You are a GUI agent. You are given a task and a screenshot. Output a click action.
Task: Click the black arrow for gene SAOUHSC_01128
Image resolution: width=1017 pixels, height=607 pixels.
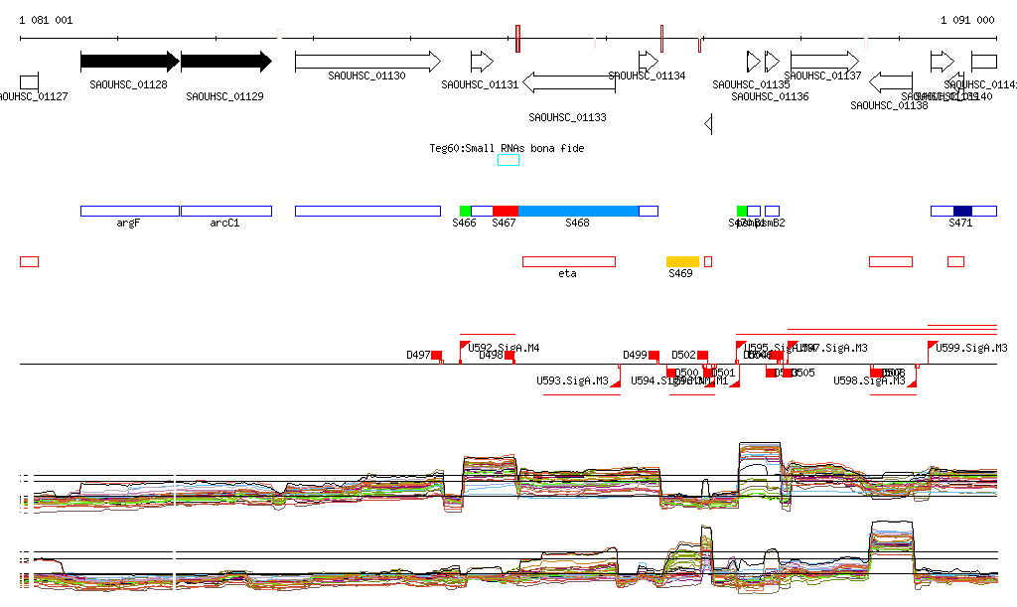pyautogui.click(x=129, y=62)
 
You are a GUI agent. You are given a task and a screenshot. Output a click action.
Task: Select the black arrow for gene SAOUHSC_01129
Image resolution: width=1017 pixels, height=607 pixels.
pyautogui.click(x=225, y=62)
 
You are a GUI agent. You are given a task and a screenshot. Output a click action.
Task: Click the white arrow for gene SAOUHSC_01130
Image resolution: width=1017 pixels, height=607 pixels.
pyautogui.click(x=366, y=62)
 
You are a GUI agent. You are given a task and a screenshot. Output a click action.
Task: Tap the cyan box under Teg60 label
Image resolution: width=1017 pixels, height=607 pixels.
pyautogui.click(x=508, y=160)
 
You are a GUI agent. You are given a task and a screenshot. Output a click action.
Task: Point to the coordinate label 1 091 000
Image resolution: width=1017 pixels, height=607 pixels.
pyautogui.click(x=966, y=20)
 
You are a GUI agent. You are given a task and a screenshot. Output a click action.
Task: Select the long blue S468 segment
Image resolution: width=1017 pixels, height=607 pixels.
pyautogui.click(x=578, y=211)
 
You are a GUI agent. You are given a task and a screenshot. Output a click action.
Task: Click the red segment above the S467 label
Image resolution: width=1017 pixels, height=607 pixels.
pyautogui.click(x=505, y=211)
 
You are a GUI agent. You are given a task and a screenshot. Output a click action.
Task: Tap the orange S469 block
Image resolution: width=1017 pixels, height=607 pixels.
pyautogui.click(x=682, y=261)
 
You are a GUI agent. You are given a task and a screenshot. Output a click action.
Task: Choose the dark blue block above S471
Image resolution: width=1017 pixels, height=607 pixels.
pyautogui.click(x=961, y=211)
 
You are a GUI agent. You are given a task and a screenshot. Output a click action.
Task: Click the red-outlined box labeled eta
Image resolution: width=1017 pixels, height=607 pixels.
pyautogui.click(x=568, y=261)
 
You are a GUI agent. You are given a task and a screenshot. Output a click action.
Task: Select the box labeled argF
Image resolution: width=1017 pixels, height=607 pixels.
pyautogui.click(x=129, y=211)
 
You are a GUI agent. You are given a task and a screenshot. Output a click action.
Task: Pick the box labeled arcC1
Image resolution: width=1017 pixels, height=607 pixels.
pyautogui.click(x=225, y=211)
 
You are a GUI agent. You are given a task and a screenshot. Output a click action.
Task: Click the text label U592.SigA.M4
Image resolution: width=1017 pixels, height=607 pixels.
pyautogui.click(x=504, y=348)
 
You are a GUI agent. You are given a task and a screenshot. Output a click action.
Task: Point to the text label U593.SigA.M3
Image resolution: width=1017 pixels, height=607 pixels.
pyautogui.click(x=572, y=380)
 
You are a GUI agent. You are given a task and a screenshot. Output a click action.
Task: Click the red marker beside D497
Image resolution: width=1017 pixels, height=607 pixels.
pyautogui.click(x=436, y=355)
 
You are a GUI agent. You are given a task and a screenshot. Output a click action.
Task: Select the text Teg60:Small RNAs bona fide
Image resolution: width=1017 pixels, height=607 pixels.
pyautogui.click(x=507, y=148)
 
